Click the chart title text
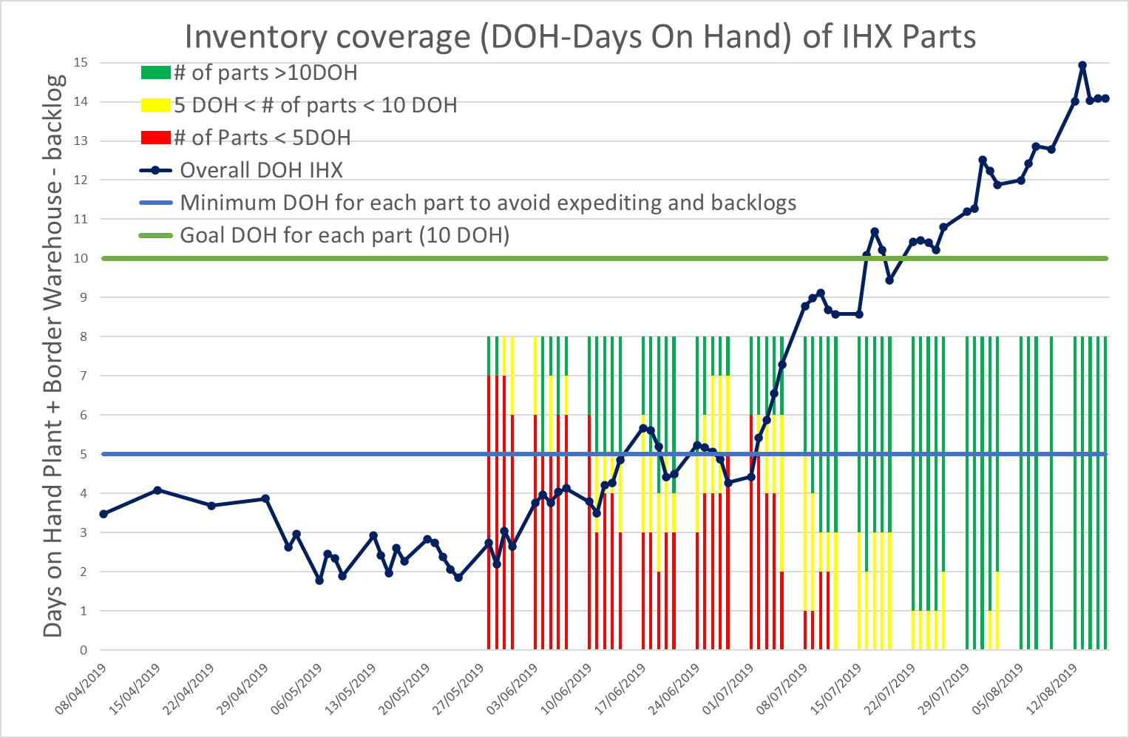[580, 36]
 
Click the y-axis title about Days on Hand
[53, 356]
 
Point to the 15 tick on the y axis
[81, 63]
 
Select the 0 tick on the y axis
[84, 651]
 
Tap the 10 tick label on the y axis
[81, 259]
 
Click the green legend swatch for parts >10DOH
[155, 72]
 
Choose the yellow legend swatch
[155, 105]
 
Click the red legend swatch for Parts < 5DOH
[155, 138]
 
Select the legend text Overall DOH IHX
[261, 170]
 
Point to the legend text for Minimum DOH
[488, 203]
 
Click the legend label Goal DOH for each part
[345, 235]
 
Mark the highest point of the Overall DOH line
[1082, 65]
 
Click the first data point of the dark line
[104, 514]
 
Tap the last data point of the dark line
[1105, 98]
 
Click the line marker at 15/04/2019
[157, 490]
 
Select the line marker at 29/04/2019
[265, 499]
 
